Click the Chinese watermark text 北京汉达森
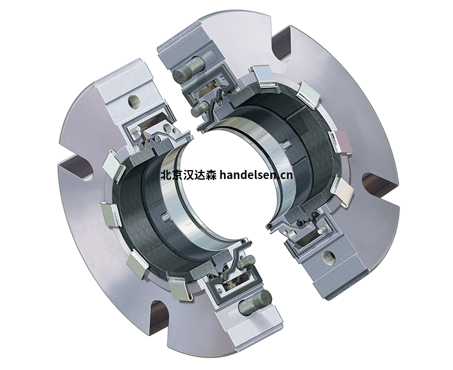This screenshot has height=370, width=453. (189, 175)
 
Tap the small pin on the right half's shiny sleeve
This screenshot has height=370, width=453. (286, 143)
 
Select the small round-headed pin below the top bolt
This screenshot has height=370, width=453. (196, 112)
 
